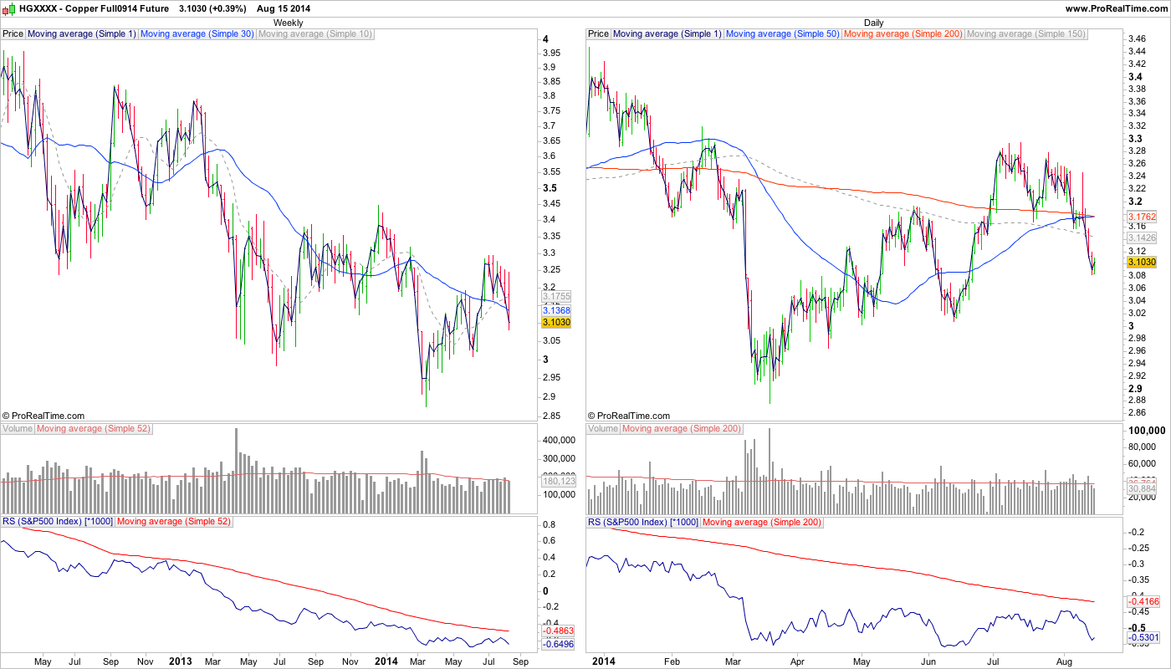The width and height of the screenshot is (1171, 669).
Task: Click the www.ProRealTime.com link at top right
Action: click(1116, 8)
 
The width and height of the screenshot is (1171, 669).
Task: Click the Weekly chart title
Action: click(289, 23)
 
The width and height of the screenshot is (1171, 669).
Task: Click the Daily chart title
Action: click(873, 23)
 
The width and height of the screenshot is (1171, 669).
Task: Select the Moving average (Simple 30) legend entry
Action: click(197, 34)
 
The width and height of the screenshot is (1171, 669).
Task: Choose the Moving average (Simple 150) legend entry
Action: click(1025, 34)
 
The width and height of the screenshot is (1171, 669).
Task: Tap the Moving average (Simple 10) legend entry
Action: click(315, 34)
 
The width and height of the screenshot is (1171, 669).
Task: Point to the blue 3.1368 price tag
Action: click(556, 310)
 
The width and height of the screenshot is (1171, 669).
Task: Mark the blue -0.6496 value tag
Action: click(556, 644)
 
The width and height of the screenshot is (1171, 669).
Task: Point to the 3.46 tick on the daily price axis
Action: click(1136, 39)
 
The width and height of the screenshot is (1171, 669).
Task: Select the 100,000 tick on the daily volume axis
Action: click(1146, 430)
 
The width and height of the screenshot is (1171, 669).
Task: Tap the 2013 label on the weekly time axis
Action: click(181, 661)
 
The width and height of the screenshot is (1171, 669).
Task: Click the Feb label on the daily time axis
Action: click(672, 661)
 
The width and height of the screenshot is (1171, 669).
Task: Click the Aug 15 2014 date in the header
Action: click(284, 8)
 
